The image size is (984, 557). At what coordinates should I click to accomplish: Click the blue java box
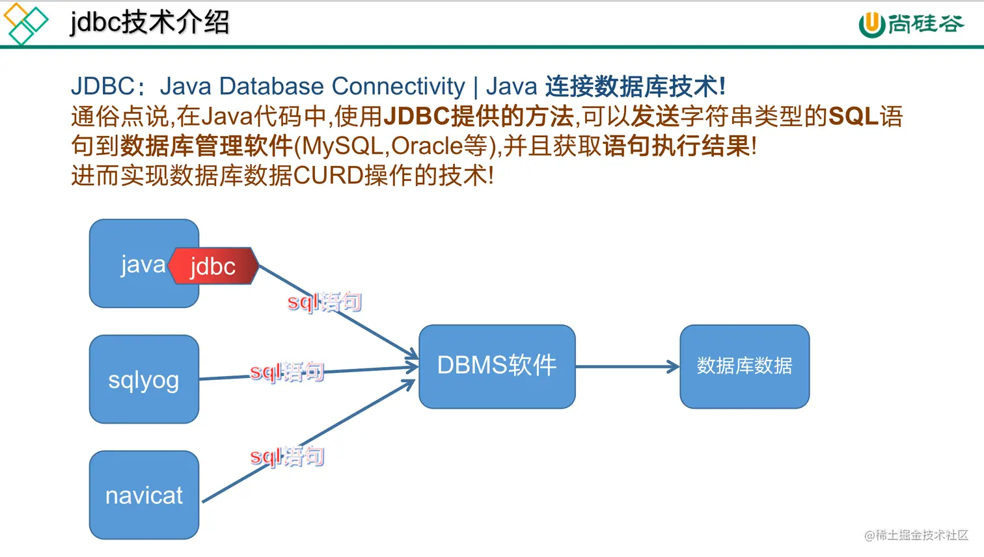[x=130, y=264]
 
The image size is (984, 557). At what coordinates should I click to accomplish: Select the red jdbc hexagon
[x=213, y=266]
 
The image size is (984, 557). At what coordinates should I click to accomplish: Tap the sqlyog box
[x=144, y=379]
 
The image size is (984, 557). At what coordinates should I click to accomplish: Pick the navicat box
[x=144, y=495]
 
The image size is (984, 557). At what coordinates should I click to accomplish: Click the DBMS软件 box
[x=497, y=366]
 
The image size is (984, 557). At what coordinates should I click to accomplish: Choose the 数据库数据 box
[x=745, y=366]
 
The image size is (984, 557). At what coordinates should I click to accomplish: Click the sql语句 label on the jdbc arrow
[x=324, y=302]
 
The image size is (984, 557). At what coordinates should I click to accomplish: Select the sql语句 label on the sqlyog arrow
[x=287, y=372]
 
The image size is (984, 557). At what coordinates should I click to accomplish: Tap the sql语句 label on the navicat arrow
[x=287, y=456]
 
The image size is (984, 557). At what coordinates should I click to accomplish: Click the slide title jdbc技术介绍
[x=150, y=23]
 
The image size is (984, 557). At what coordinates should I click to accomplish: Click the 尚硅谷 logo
[x=911, y=24]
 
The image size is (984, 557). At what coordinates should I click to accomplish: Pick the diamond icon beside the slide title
[x=25, y=23]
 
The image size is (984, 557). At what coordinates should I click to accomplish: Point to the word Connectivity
[x=398, y=86]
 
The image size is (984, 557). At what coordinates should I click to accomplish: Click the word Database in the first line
[x=271, y=86]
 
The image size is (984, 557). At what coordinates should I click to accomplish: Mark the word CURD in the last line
[x=328, y=176]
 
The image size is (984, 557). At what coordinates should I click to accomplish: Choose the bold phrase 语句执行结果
[x=677, y=146]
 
